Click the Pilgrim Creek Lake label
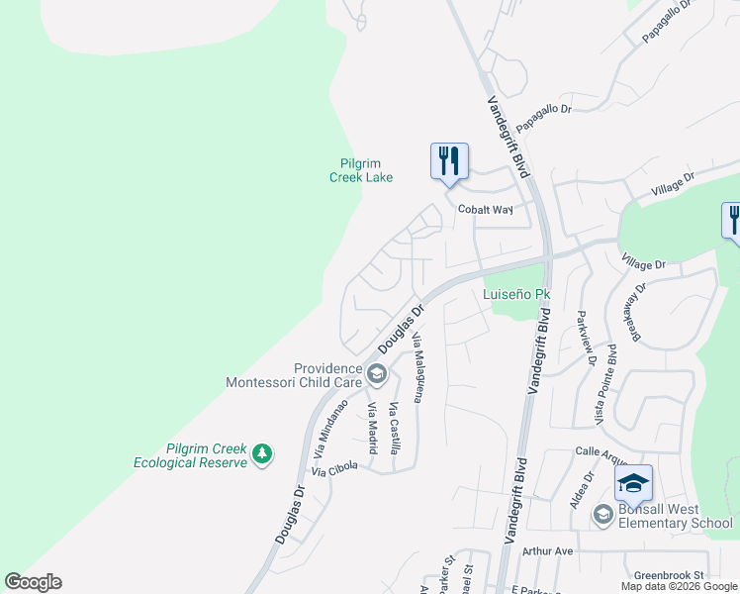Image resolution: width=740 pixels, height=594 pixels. [361, 170]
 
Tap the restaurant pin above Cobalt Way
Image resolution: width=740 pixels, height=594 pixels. [449, 160]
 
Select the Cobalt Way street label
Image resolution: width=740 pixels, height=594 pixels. [485, 210]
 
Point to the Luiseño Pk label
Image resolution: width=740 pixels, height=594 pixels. [515, 294]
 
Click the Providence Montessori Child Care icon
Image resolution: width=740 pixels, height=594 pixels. [376, 374]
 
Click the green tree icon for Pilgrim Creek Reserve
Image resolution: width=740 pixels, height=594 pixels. [261, 454]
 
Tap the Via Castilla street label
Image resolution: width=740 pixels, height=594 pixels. [395, 429]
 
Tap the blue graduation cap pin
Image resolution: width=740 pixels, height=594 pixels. [633, 483]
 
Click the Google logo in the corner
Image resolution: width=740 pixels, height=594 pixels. [33, 582]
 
